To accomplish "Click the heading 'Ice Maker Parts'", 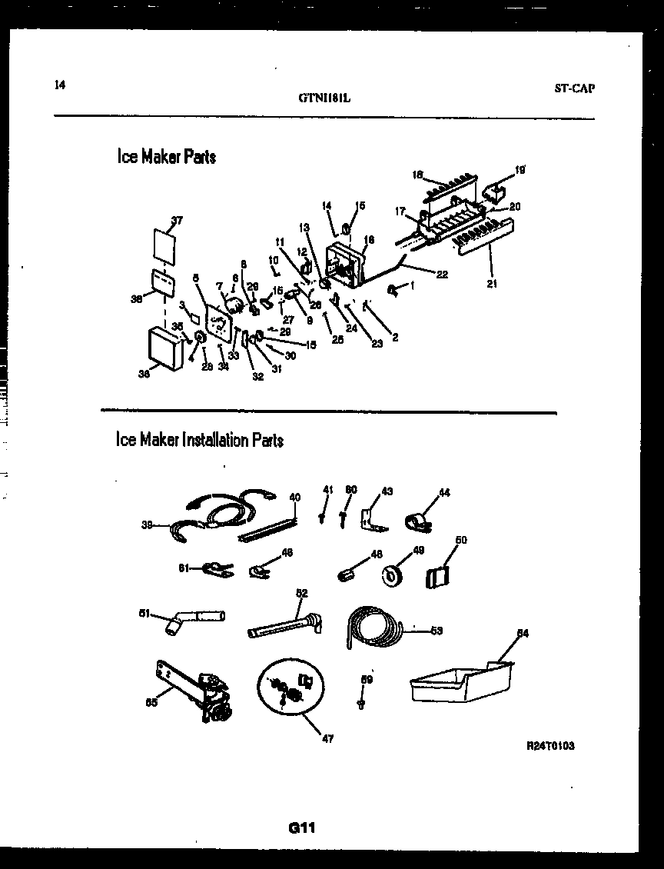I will (166, 157).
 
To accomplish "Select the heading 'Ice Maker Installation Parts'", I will (199, 440).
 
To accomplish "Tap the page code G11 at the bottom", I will (302, 828).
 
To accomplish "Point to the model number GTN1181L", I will (324, 98).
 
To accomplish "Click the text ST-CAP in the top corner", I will (574, 88).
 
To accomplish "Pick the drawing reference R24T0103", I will (551, 746).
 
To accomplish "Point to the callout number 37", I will (177, 221).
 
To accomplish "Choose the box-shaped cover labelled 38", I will (166, 347).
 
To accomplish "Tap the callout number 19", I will (520, 169).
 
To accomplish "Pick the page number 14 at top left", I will (60, 85).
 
